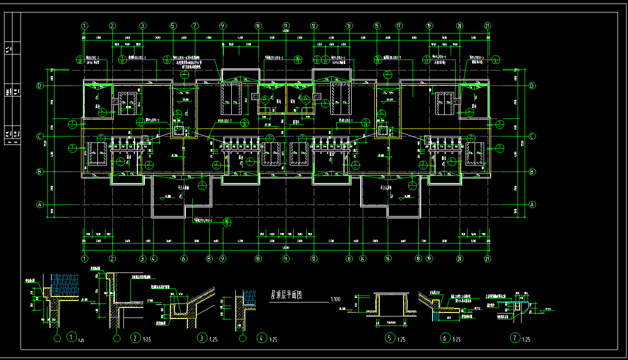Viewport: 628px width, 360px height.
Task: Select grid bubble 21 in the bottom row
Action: click(488, 258)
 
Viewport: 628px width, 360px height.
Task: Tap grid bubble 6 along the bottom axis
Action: click(184, 258)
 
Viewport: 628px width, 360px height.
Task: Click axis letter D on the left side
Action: click(40, 86)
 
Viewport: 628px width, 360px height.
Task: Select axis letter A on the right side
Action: click(532, 204)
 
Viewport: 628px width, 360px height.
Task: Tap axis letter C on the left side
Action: click(40, 136)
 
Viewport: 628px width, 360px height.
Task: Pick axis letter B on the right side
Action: click(532, 171)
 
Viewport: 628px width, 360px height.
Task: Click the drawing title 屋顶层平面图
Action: click(287, 294)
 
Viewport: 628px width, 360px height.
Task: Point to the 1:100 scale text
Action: click(336, 300)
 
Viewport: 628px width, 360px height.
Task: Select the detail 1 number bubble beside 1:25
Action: click(72, 337)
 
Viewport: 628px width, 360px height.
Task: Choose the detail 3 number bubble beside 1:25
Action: click(202, 337)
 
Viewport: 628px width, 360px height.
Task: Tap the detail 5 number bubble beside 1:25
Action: click(390, 338)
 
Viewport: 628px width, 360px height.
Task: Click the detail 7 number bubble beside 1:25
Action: click(514, 338)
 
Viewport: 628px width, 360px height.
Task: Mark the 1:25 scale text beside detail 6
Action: click(456, 340)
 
